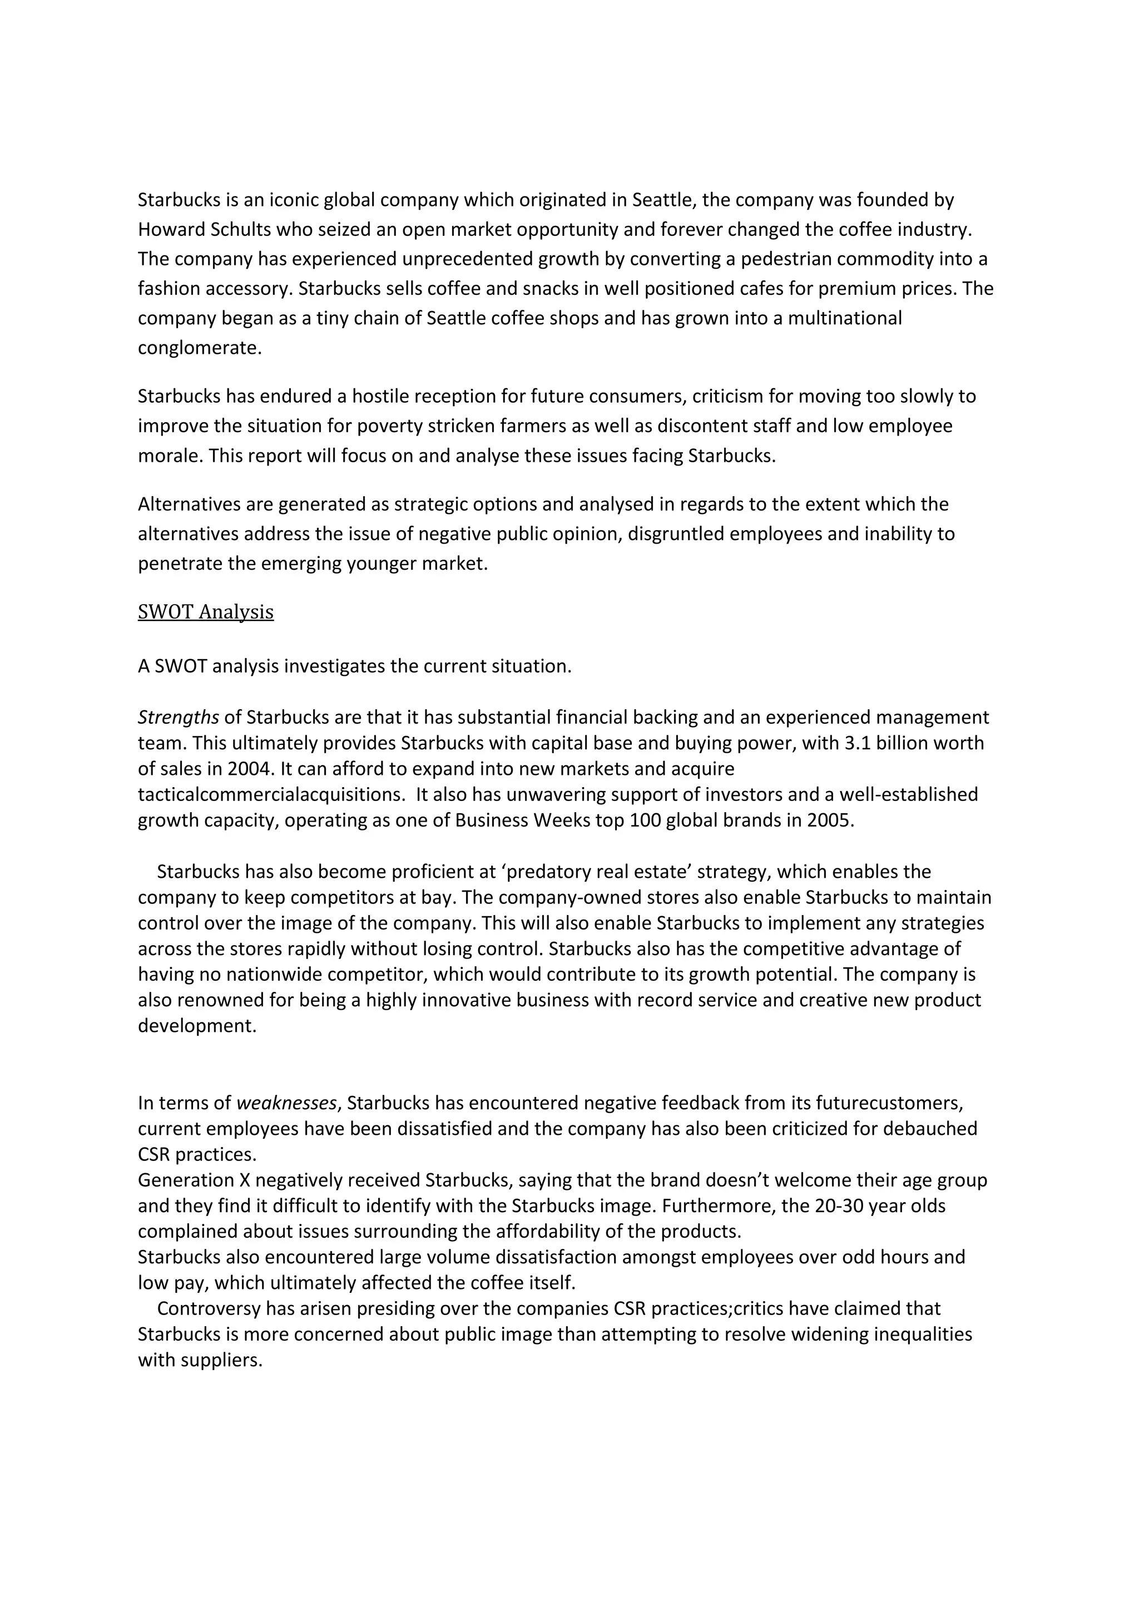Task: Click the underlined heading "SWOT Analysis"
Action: (x=205, y=612)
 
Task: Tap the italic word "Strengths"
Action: (x=178, y=717)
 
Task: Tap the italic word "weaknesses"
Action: (x=286, y=1103)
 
